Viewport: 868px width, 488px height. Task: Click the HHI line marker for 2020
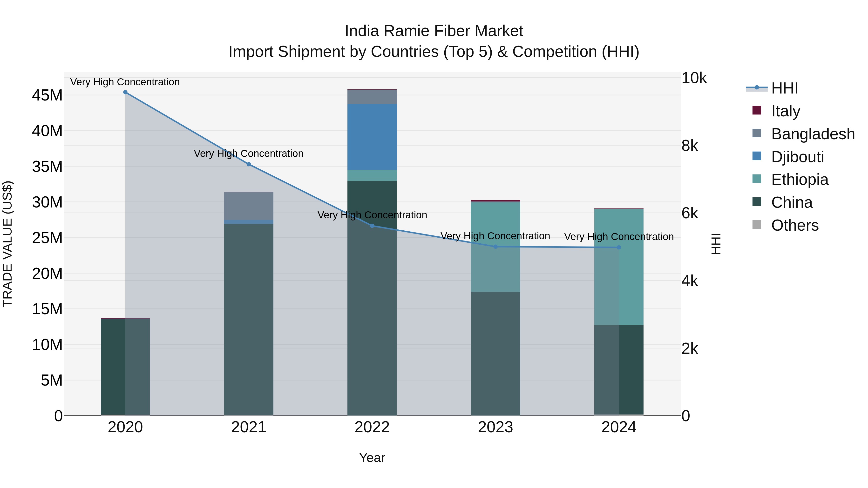tap(125, 92)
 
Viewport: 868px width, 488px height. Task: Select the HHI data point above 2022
tap(372, 226)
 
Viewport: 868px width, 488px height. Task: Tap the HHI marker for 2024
tap(619, 247)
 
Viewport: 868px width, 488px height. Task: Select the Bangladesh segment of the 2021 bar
tap(249, 206)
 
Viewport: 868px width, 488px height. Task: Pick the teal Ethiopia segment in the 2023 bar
tap(495, 247)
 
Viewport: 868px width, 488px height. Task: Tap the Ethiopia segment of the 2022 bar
tap(372, 175)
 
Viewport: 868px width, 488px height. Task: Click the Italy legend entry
tap(785, 111)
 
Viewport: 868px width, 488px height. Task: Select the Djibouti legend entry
tap(797, 157)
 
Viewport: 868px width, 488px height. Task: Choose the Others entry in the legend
tap(794, 225)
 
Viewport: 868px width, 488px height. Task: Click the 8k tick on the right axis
tap(689, 146)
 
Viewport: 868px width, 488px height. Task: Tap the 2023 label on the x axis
tap(495, 427)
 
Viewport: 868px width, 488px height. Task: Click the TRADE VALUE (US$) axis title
tap(7, 244)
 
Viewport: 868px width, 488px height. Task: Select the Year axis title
tap(372, 458)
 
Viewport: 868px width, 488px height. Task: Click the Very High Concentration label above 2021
tap(249, 154)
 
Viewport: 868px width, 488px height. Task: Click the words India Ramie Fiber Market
tap(434, 31)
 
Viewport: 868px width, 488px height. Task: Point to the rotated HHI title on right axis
tap(716, 244)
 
